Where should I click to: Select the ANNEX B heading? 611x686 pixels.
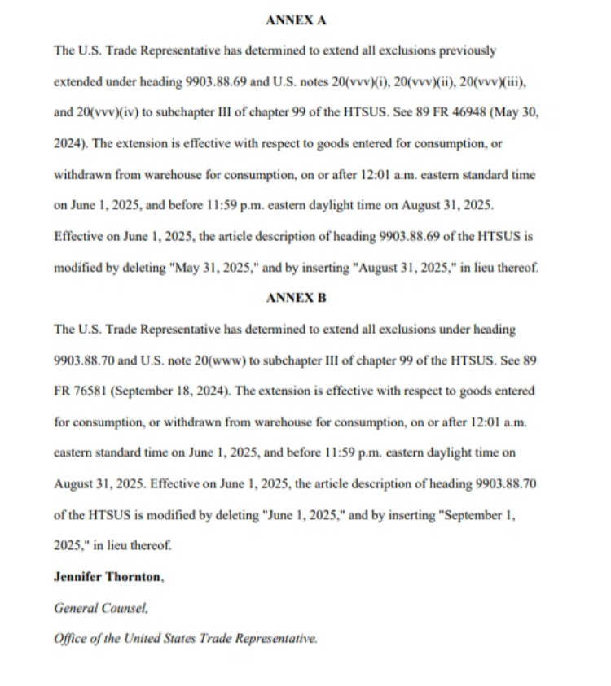[297, 298]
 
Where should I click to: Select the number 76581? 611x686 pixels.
[88, 391]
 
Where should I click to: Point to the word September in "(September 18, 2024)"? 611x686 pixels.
[141, 391]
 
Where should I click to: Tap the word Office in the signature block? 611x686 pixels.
[72, 639]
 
